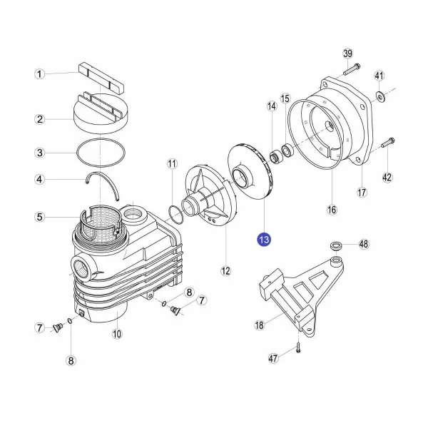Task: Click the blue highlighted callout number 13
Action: tap(264, 240)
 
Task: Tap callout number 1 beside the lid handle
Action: tap(39, 74)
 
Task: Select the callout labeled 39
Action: tap(348, 53)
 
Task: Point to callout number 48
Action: tap(364, 244)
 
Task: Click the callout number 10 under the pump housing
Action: tap(117, 334)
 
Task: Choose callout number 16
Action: tap(332, 210)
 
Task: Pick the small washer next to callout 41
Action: tap(379, 96)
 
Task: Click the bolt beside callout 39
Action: tap(352, 69)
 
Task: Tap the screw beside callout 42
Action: tap(387, 143)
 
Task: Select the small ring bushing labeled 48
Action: tap(335, 246)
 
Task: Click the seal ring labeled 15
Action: tap(287, 151)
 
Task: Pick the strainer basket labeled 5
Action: tap(100, 222)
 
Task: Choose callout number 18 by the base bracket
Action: tap(260, 325)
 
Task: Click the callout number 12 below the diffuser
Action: tap(225, 271)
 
